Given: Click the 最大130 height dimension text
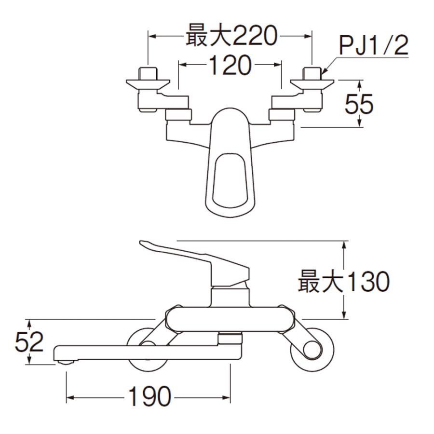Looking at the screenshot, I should click(x=343, y=282).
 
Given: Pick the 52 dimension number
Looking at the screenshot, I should click(x=29, y=342).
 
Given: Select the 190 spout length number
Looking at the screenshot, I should click(x=149, y=397).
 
